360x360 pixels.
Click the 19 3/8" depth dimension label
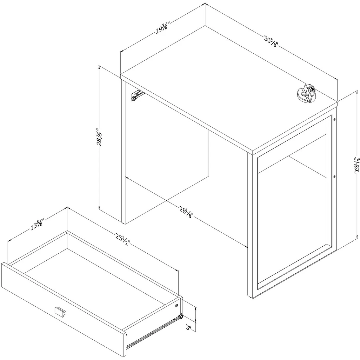pyautogui.click(x=163, y=28)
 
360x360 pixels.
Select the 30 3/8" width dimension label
pyautogui.click(x=271, y=42)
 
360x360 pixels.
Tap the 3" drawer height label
pyautogui.click(x=189, y=328)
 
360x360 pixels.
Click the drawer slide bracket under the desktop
pyautogui.click(x=137, y=95)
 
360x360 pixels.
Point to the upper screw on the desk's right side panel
pyautogui.click(x=334, y=120)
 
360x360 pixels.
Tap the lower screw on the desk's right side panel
pyautogui.click(x=334, y=177)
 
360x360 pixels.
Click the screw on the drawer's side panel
pyautogui.click(x=176, y=305)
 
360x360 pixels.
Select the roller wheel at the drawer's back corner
pyautogui.click(x=181, y=317)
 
